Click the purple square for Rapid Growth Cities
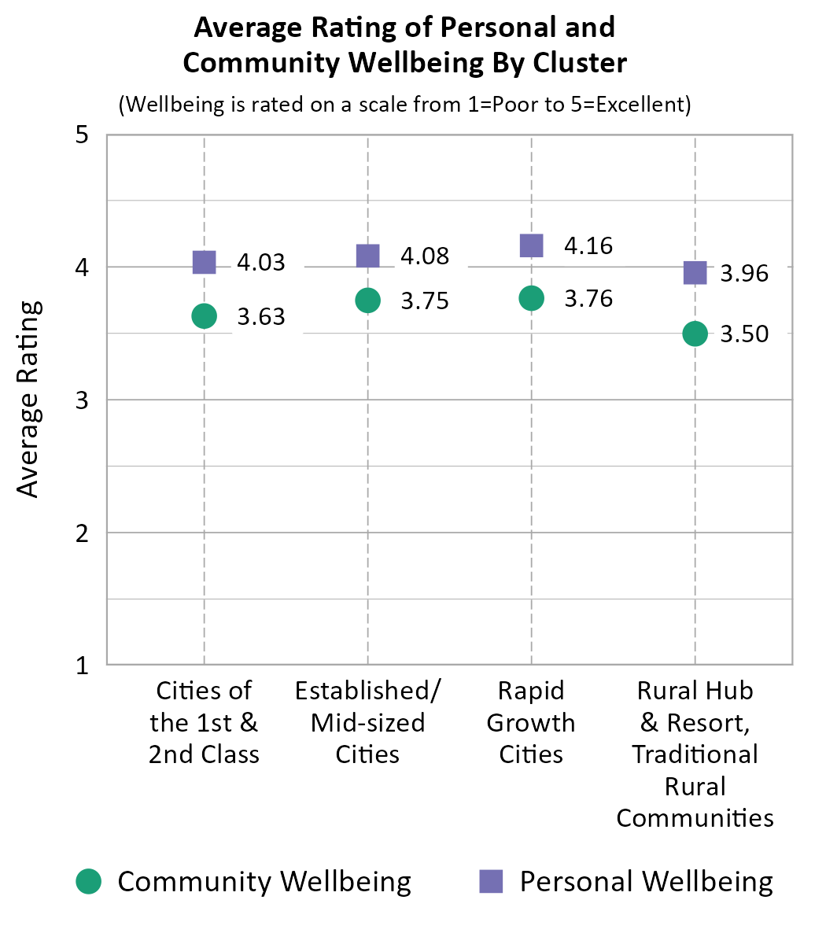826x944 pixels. (532, 245)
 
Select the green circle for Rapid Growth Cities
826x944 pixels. (532, 298)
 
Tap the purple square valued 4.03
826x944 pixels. (205, 262)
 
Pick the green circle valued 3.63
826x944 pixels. (205, 316)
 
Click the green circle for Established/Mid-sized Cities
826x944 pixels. (368, 300)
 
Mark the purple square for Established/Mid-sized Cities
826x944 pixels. (368, 256)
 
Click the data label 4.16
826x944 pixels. (588, 246)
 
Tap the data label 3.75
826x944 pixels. (425, 301)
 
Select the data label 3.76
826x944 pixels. (588, 299)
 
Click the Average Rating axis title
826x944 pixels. (28, 400)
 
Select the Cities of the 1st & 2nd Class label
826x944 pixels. (205, 722)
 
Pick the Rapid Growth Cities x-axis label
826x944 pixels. (532, 722)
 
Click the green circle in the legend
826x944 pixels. (89, 881)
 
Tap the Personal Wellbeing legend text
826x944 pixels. (646, 881)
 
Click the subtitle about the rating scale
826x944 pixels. (404, 105)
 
